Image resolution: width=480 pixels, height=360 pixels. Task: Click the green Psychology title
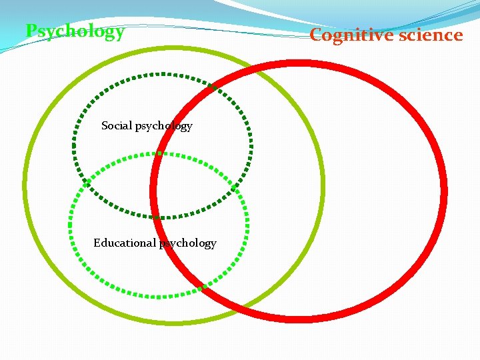click(x=75, y=31)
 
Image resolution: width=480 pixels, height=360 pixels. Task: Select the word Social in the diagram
click(x=117, y=125)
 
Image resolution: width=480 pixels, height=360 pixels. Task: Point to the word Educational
click(x=125, y=243)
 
